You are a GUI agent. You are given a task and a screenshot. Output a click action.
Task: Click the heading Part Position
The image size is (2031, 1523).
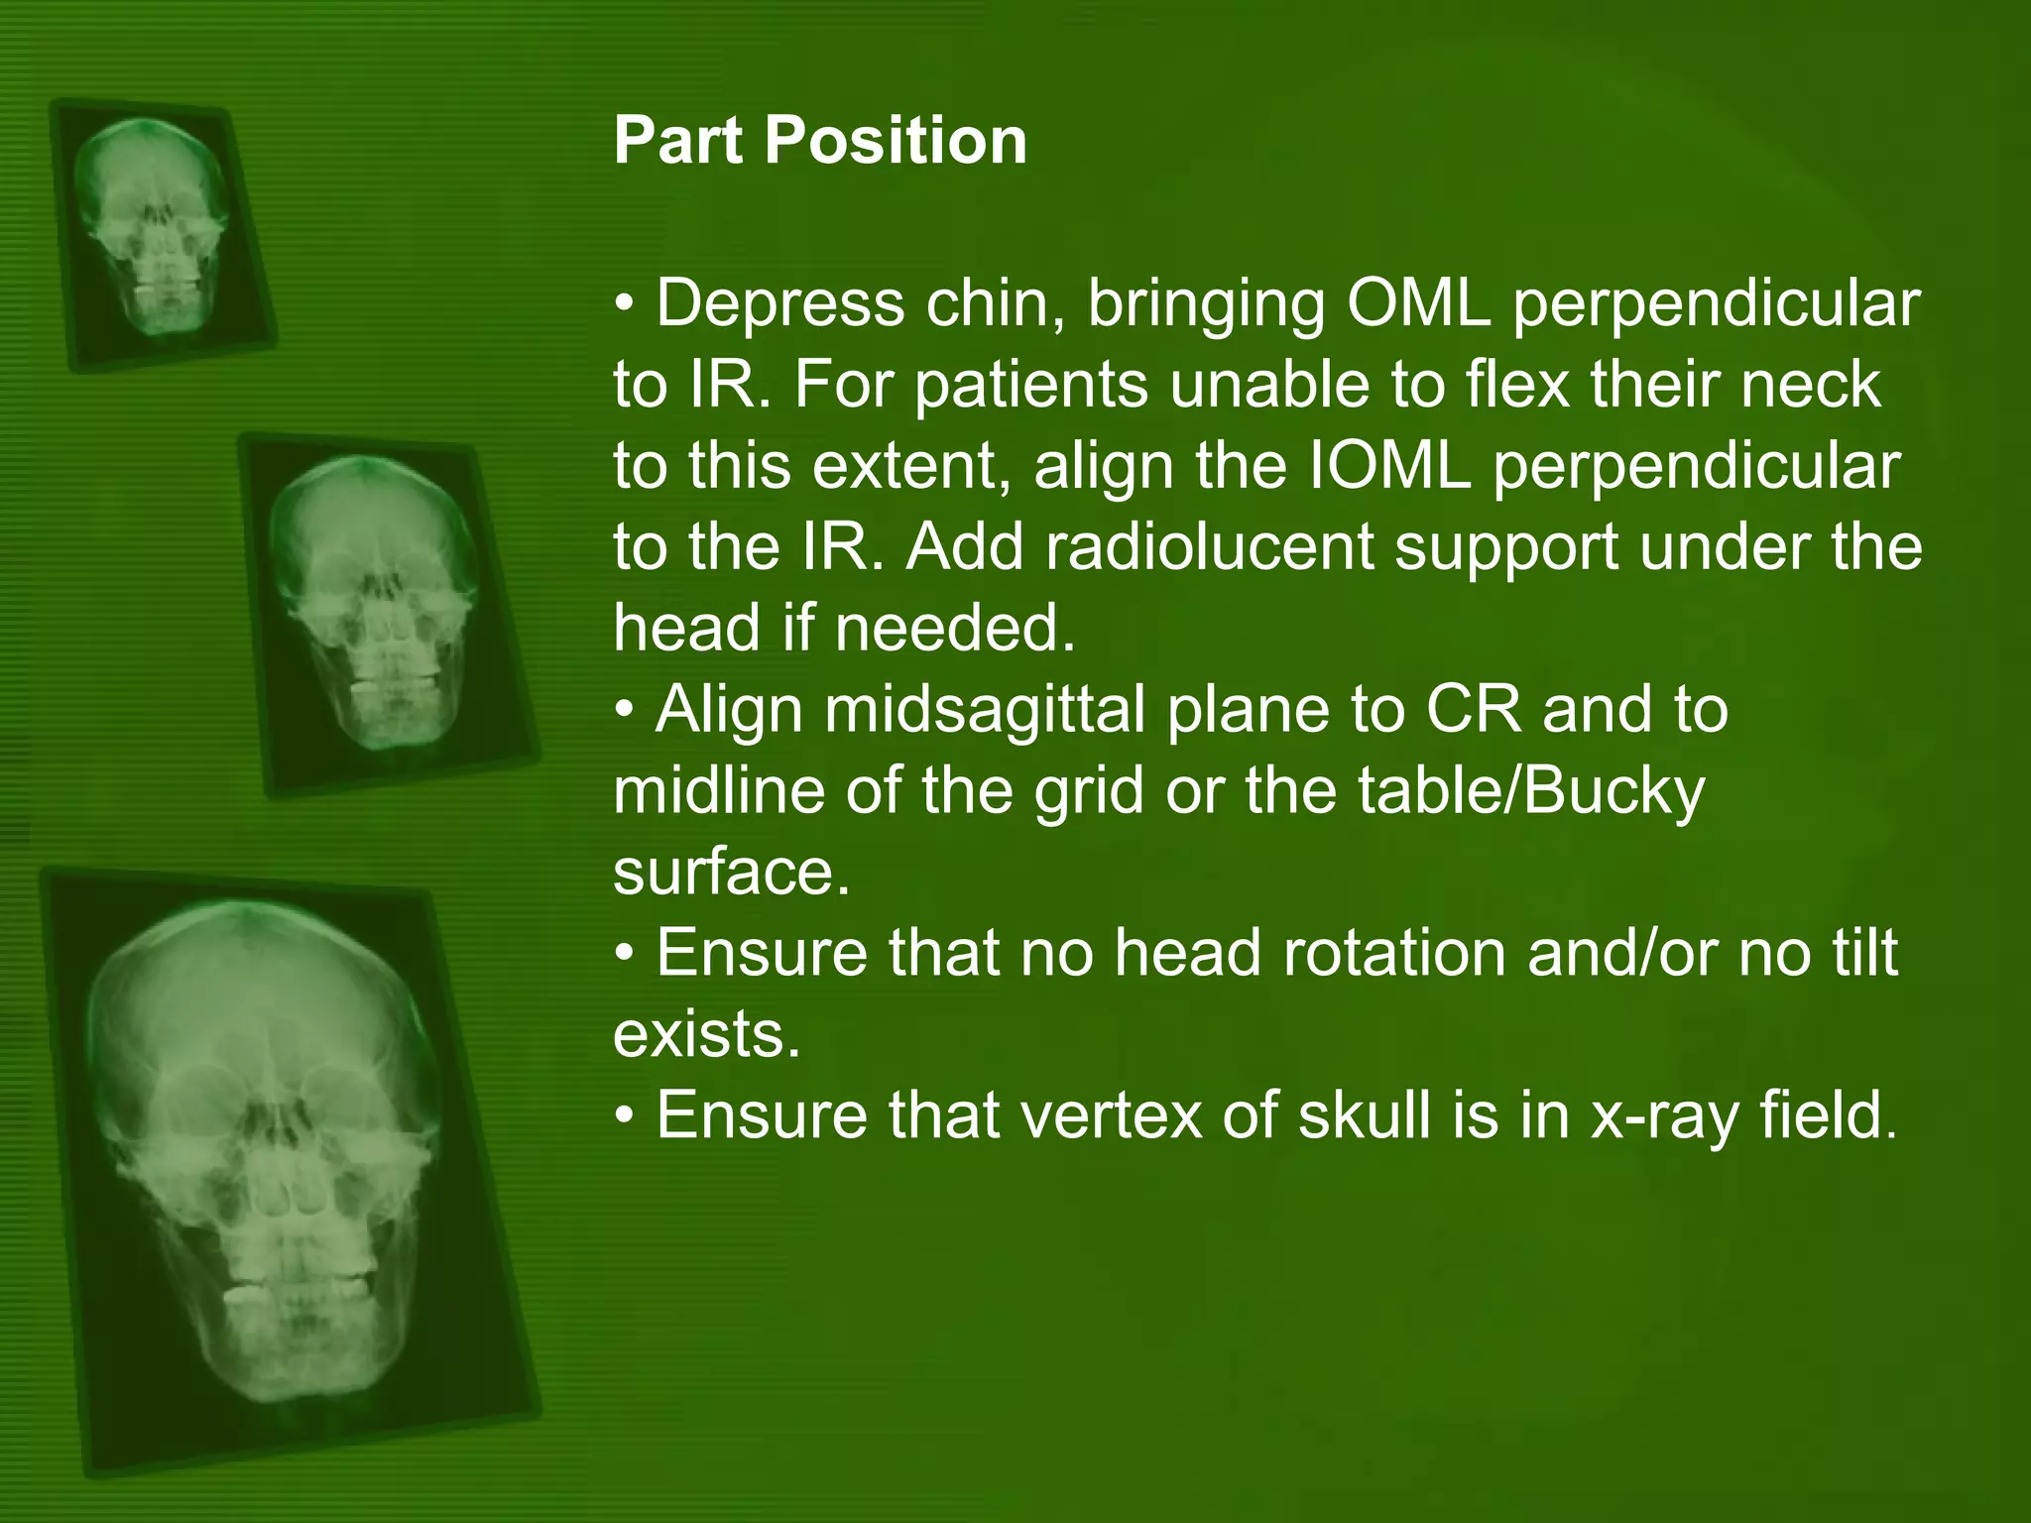click(819, 140)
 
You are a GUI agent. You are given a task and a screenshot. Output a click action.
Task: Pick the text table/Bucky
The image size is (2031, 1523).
click(1530, 791)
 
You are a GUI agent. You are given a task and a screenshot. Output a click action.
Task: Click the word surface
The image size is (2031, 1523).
click(731, 873)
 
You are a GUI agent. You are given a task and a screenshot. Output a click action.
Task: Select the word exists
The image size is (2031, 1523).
click(706, 1034)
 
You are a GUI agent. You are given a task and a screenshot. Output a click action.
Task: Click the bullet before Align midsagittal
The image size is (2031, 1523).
click(624, 710)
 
